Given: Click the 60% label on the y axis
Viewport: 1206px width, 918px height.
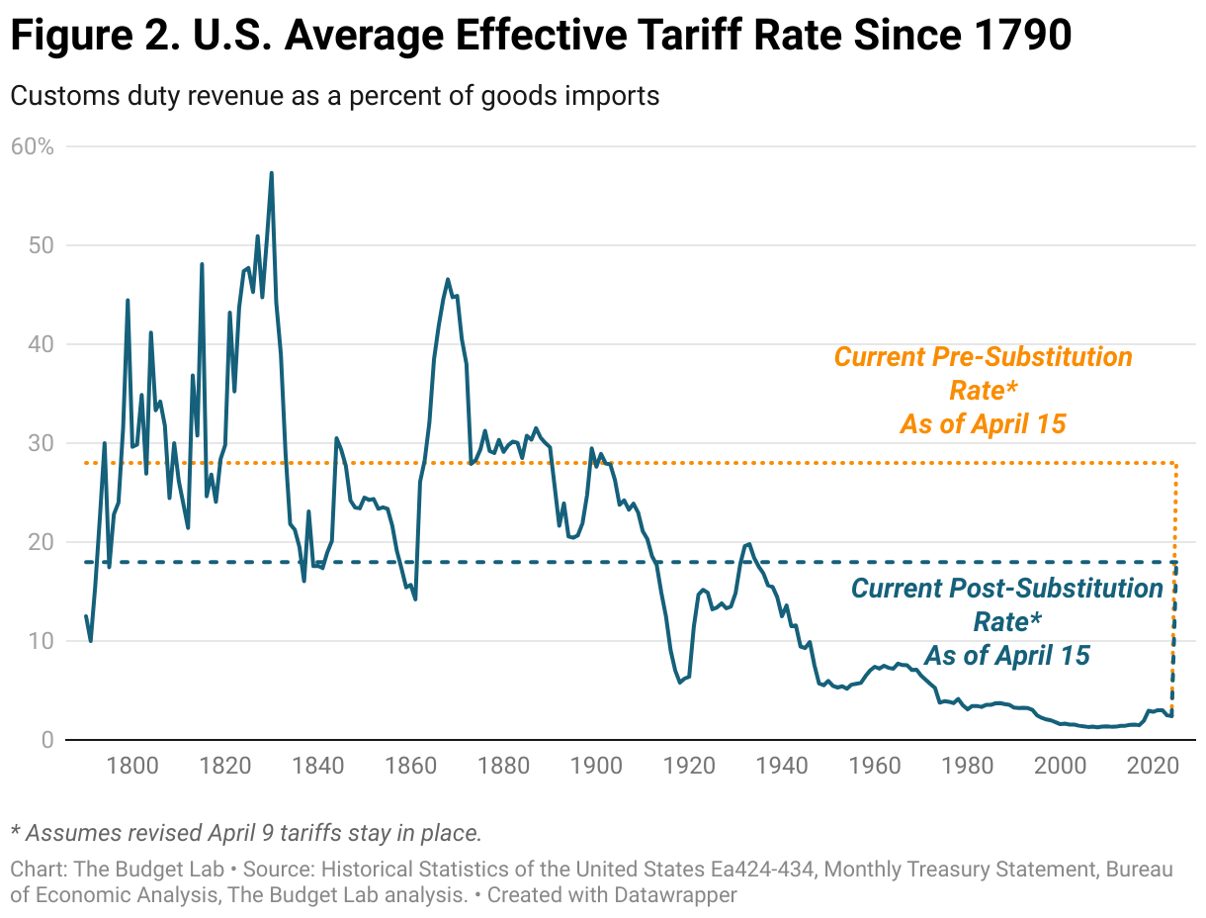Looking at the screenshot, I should coord(33,146).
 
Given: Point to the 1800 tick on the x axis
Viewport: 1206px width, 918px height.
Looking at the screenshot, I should coord(132,766).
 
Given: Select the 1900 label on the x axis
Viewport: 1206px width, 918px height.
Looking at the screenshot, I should coord(596,766).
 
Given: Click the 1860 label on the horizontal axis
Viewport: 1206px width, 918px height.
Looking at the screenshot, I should coord(410,766).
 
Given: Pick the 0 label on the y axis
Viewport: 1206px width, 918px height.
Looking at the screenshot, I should coord(45,740).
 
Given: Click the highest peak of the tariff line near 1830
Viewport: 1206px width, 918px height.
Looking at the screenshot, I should coord(271,173).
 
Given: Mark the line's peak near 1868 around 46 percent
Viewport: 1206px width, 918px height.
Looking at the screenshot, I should coord(448,279).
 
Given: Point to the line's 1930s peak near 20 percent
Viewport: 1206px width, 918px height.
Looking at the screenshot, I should coord(748,543).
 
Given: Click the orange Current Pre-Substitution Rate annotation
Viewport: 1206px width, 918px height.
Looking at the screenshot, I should coord(983,390).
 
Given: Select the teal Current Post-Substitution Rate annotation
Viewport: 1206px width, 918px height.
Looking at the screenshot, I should coord(1006,621).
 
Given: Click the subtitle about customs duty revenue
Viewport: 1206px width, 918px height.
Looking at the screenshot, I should coord(334,96).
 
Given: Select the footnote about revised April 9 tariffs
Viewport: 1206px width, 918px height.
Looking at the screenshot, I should coord(245,833).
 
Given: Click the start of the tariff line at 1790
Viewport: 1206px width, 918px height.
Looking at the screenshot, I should coord(86,616).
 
